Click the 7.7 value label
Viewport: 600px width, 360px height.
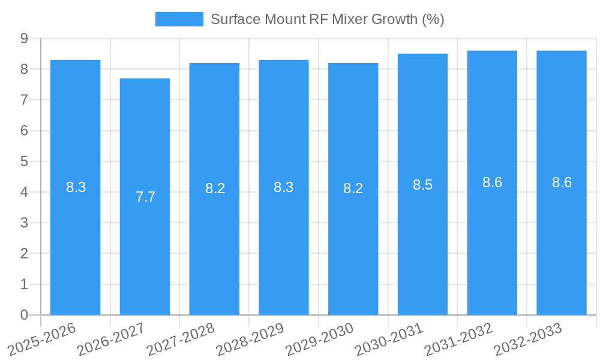pos(145,197)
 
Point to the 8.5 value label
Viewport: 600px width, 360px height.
pos(422,185)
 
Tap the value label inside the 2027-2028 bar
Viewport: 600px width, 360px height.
pos(215,188)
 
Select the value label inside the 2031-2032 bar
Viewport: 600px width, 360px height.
pos(492,183)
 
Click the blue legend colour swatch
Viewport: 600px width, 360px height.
pos(179,19)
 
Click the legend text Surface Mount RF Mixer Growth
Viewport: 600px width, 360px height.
pos(327,19)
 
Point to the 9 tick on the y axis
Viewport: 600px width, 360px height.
pos(25,38)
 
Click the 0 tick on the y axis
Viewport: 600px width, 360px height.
pos(25,315)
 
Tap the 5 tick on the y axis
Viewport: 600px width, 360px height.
pos(25,161)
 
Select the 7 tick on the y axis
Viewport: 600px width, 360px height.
pos(25,100)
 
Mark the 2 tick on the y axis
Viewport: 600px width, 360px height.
pos(25,254)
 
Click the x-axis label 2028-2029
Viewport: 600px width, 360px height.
pos(250,339)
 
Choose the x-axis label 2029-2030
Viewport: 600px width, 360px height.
pos(320,339)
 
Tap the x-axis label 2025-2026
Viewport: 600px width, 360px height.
pos(42,339)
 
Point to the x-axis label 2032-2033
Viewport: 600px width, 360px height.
pos(528,339)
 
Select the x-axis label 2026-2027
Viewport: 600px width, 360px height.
pos(112,339)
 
